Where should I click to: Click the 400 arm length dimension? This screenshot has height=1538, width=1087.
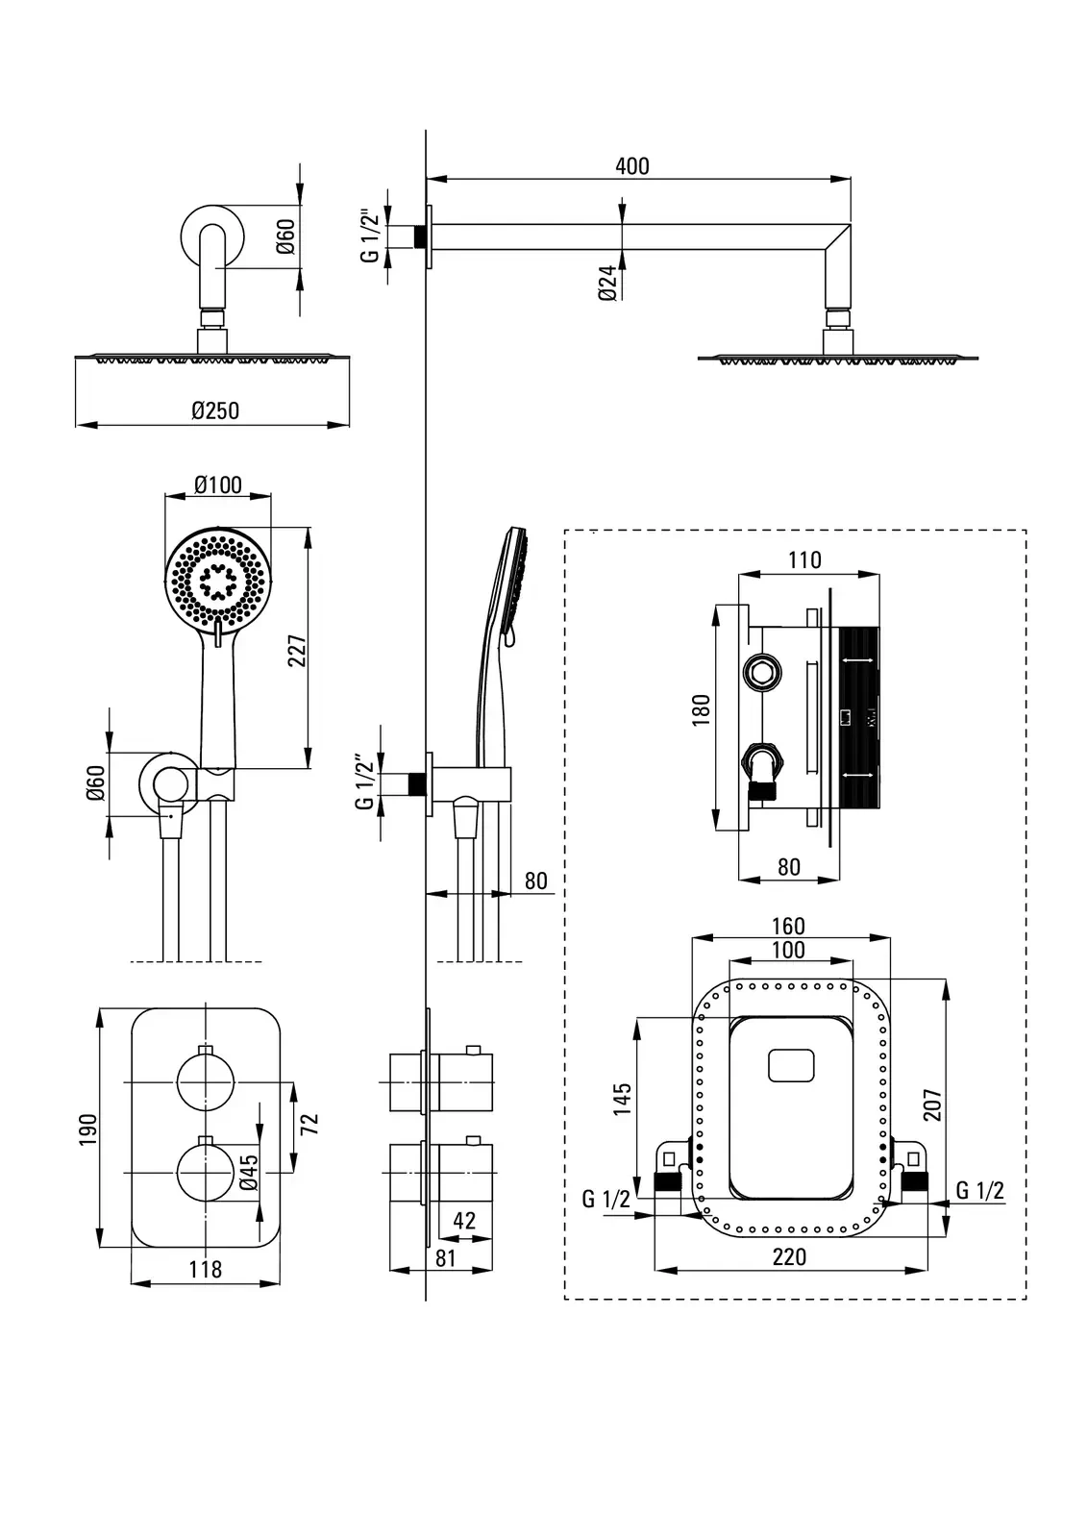click(631, 165)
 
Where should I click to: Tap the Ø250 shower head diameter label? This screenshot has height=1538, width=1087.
click(215, 410)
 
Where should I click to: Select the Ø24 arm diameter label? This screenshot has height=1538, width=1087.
click(607, 285)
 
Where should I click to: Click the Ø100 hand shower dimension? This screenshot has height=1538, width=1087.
click(218, 484)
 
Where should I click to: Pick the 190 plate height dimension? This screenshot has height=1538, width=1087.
click(88, 1129)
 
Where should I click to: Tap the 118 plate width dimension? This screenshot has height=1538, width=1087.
click(205, 1269)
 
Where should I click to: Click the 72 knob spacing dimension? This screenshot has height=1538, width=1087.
click(309, 1123)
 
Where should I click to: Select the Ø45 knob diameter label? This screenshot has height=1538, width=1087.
click(248, 1172)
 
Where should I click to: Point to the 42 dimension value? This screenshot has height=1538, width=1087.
click(463, 1221)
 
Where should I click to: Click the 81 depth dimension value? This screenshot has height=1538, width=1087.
click(445, 1257)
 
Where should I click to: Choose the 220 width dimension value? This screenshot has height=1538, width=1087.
click(789, 1256)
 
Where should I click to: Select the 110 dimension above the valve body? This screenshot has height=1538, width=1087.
click(805, 559)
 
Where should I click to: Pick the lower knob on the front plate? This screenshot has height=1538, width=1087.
click(206, 1173)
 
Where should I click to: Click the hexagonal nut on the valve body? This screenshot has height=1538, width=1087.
click(762, 673)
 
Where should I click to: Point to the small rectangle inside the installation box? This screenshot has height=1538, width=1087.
click(791, 1065)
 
